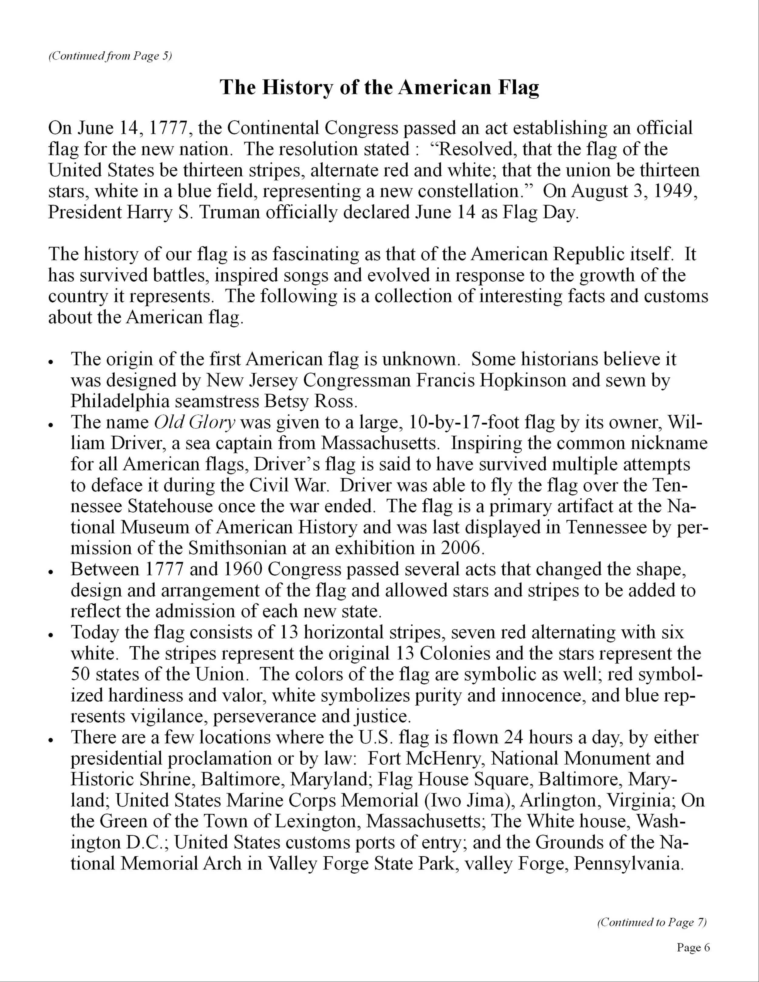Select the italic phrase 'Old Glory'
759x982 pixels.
tap(195, 422)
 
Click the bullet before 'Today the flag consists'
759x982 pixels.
tap(52, 635)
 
